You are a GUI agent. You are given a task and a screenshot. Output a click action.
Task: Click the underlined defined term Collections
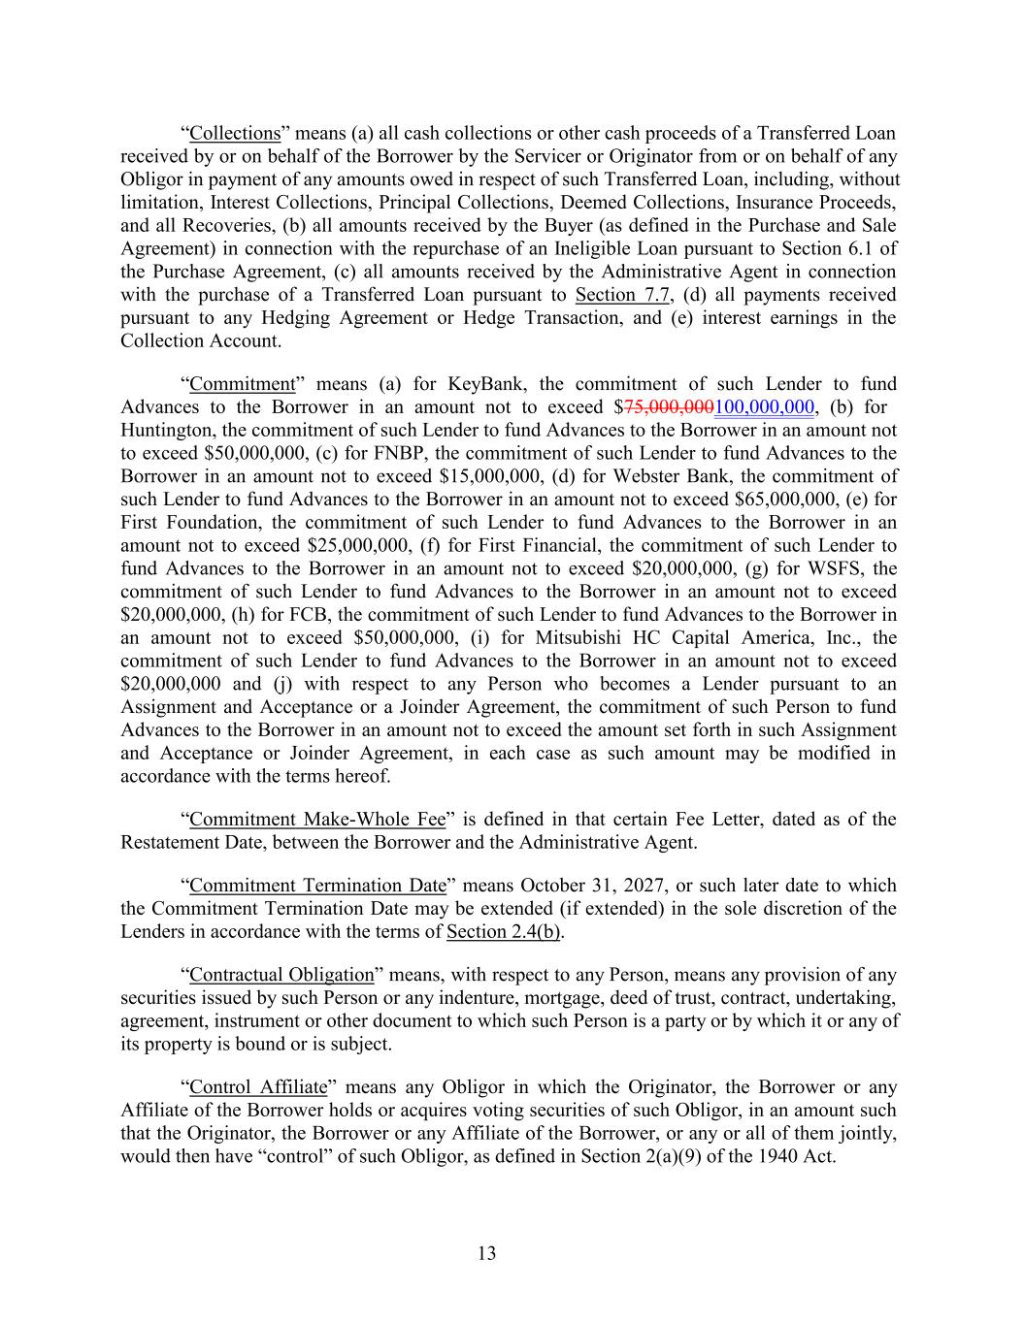[235, 133]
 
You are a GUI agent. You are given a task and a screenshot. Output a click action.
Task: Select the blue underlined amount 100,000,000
[763, 407]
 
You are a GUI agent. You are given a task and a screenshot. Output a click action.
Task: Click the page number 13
[487, 1253]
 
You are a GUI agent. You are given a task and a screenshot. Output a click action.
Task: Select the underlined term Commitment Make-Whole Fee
[317, 820]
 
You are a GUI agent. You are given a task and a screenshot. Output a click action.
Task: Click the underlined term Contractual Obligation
[281, 975]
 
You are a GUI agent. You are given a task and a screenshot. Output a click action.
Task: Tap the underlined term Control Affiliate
[257, 1087]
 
